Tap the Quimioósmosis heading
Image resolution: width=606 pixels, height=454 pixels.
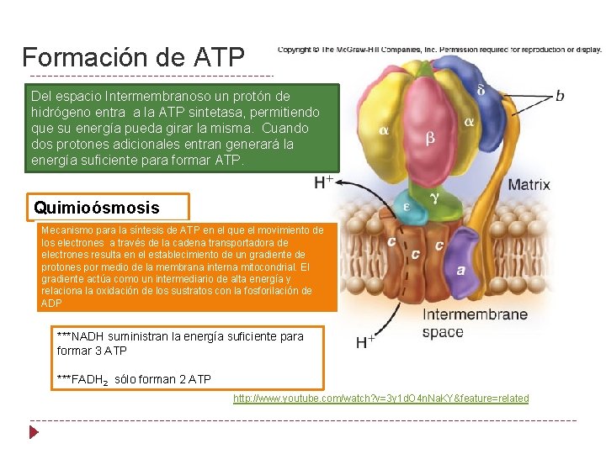(96, 207)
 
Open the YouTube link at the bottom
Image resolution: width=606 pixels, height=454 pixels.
(380, 398)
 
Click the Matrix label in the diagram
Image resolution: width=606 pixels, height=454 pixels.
(529, 184)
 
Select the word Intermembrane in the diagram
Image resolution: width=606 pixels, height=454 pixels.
(475, 315)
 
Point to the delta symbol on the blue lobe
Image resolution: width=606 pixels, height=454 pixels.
(481, 90)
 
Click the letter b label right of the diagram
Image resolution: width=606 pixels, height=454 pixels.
(561, 97)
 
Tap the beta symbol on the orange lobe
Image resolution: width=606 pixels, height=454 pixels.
(430, 139)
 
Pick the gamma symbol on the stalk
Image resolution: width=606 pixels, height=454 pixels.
(434, 198)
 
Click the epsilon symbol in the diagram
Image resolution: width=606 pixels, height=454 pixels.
(407, 205)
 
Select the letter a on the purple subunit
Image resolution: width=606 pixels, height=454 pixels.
(460, 270)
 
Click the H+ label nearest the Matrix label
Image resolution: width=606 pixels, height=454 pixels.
(324, 182)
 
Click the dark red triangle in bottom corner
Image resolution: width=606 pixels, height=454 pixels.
(34, 433)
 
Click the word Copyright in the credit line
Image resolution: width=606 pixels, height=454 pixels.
(295, 50)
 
